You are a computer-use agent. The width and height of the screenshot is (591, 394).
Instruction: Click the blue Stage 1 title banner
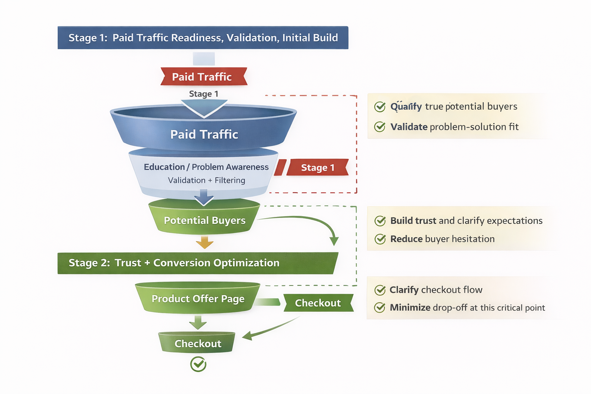(x=203, y=38)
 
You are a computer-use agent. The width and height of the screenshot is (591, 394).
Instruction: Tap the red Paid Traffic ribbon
(x=203, y=77)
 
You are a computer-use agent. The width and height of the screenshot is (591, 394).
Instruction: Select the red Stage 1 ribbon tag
(x=317, y=167)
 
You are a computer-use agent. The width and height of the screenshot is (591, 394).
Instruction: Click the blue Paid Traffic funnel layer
(x=204, y=134)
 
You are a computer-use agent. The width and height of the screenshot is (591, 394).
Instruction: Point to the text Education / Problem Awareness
(x=206, y=167)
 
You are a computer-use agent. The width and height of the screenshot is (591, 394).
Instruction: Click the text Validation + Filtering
(x=206, y=180)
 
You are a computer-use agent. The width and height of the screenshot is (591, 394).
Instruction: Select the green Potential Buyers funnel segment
(x=204, y=220)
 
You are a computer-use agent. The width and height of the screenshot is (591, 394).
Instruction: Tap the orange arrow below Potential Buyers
(x=204, y=242)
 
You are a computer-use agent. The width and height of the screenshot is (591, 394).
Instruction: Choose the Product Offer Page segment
(x=198, y=299)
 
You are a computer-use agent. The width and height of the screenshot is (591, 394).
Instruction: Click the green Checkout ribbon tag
(x=318, y=303)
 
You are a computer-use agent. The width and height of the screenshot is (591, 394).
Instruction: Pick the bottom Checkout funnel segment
(x=197, y=343)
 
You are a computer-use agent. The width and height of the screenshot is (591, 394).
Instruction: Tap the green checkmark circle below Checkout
(x=198, y=364)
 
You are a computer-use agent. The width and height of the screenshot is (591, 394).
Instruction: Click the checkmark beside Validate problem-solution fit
(x=380, y=127)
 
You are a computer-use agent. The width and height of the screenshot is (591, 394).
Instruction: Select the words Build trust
(x=413, y=220)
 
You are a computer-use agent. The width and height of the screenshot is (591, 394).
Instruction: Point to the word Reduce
(x=406, y=239)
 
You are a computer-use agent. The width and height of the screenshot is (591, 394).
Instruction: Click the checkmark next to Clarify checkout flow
(x=380, y=290)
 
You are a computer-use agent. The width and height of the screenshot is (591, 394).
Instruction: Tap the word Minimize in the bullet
(x=410, y=307)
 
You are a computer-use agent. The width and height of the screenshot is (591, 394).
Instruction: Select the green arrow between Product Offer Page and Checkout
(x=198, y=322)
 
